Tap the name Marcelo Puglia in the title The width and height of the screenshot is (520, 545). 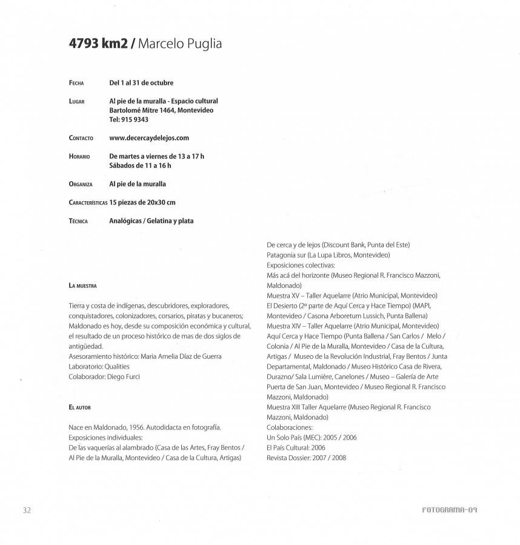[179, 45]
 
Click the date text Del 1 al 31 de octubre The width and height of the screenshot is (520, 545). [145, 82]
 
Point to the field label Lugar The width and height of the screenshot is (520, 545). [76, 101]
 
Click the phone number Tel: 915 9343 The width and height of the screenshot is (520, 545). [128, 119]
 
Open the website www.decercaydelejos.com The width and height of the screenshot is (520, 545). [149, 138]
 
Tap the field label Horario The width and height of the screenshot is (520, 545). [79, 156]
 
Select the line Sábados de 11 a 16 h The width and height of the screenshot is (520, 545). [140, 165]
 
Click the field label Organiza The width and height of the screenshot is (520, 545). [81, 184]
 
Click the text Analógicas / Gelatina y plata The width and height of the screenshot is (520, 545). [151, 221]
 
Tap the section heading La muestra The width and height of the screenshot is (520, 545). [82, 285]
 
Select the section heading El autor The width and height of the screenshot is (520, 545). [80, 407]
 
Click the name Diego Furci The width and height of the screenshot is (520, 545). [124, 376]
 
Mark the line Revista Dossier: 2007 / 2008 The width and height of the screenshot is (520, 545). [306, 458]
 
